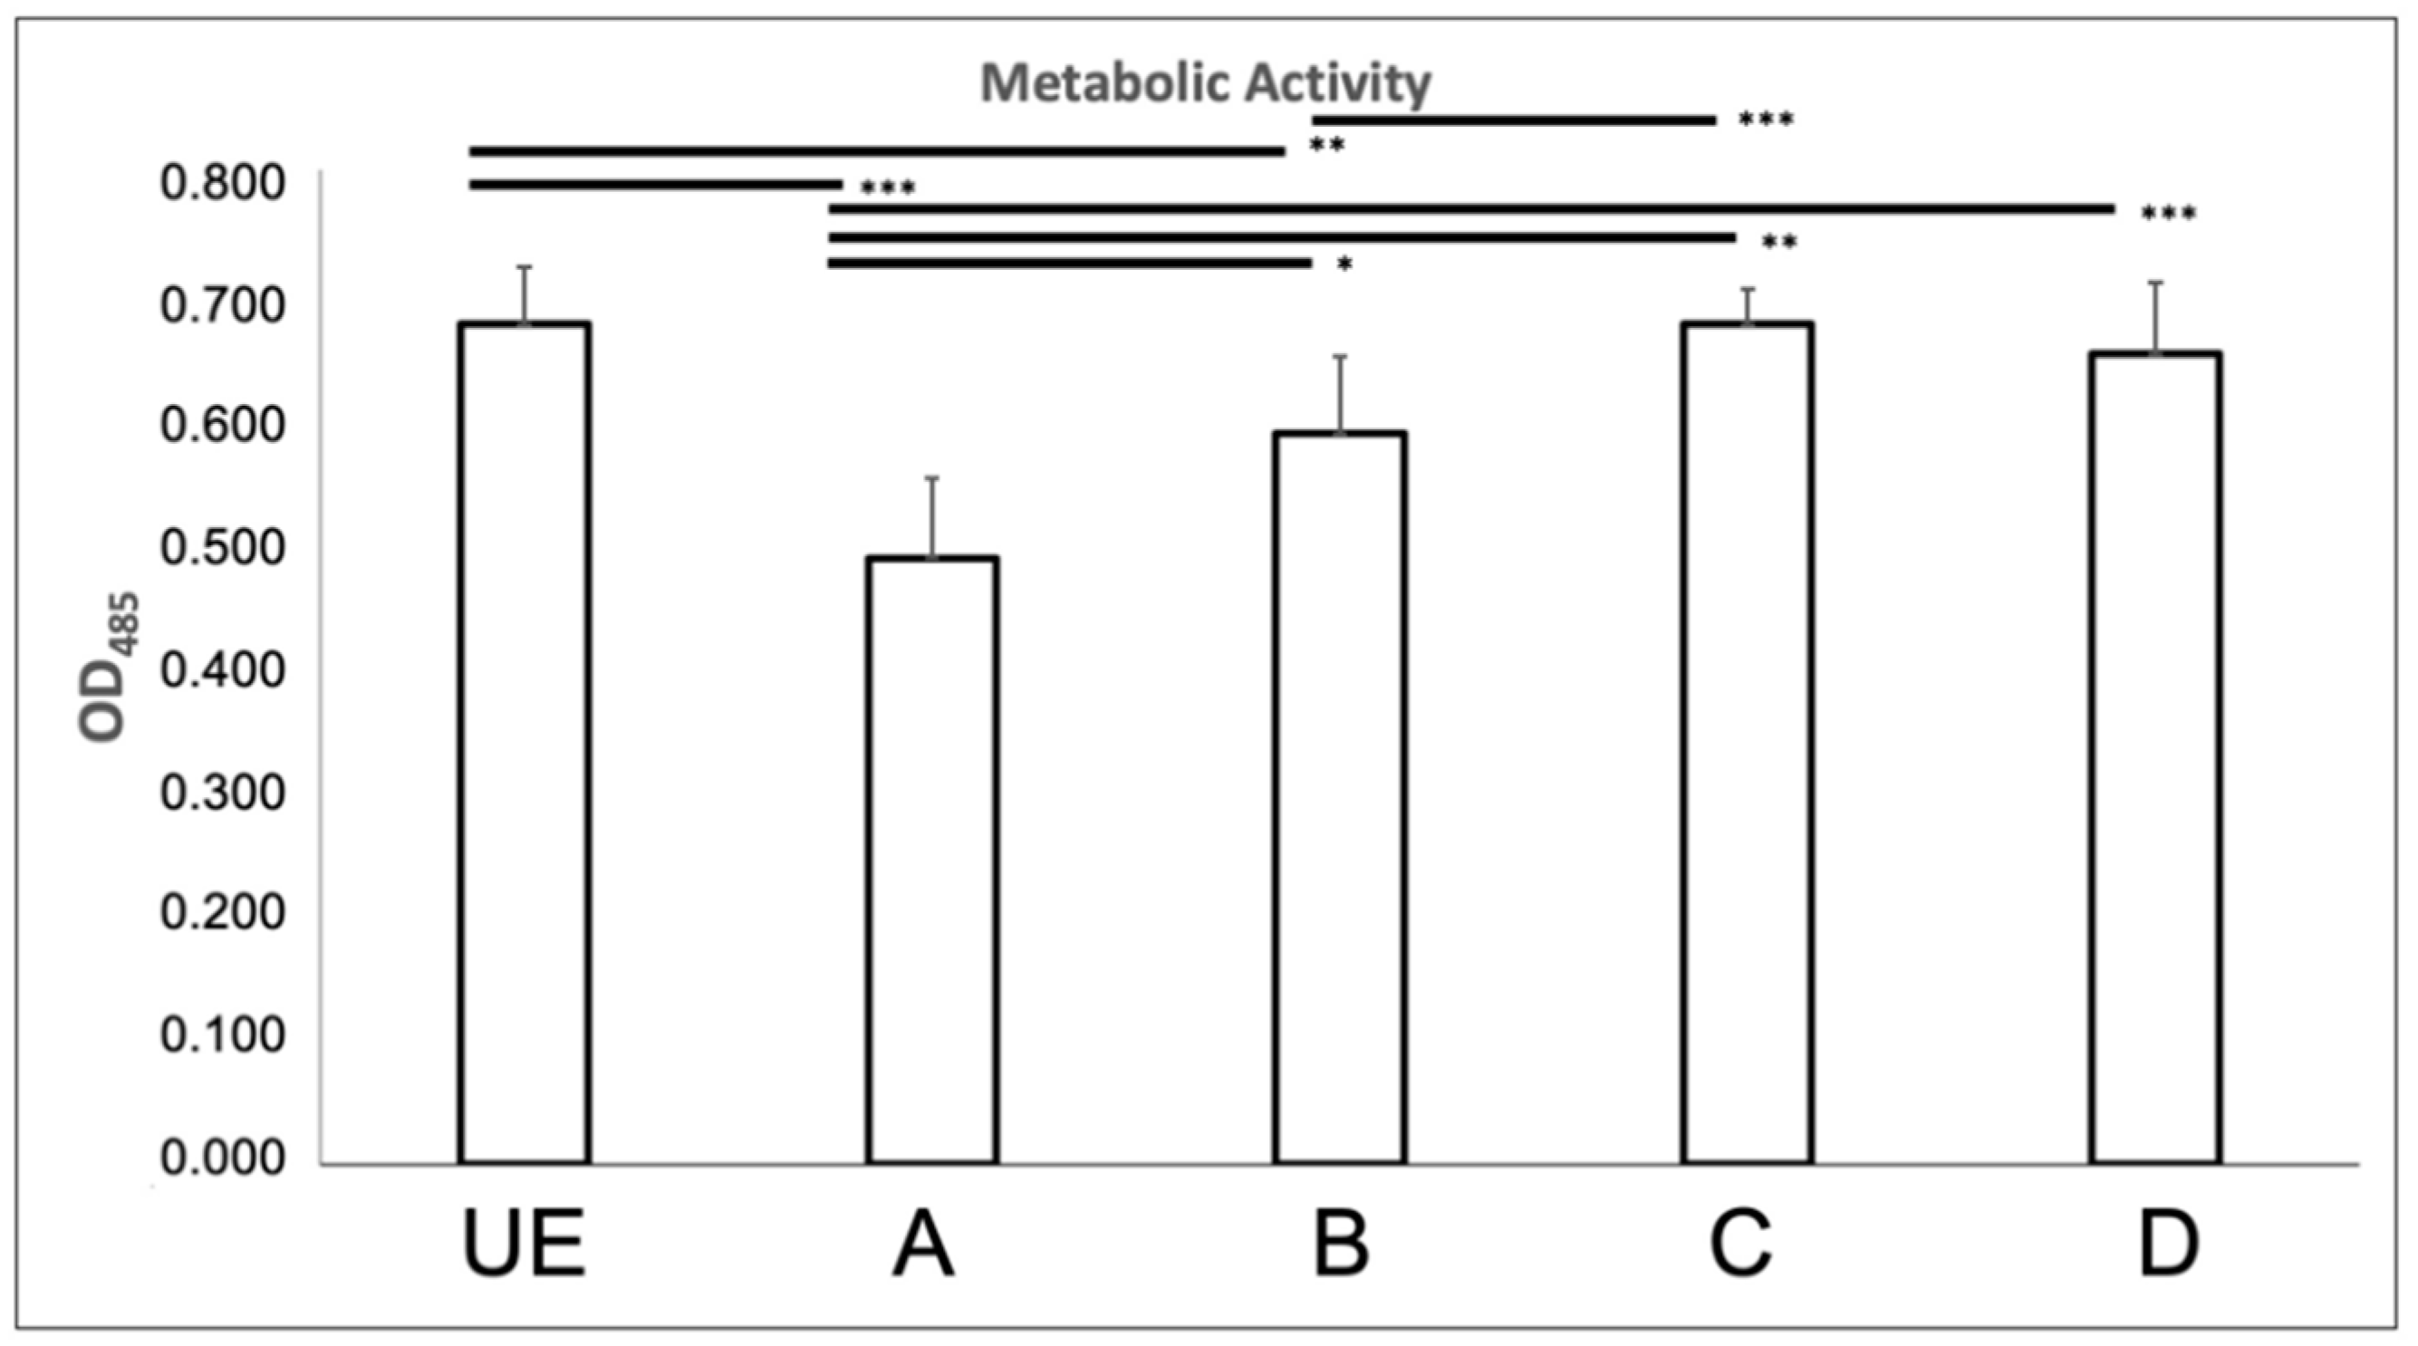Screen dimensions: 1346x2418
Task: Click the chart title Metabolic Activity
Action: [1204, 83]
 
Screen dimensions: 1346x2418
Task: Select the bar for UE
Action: [525, 742]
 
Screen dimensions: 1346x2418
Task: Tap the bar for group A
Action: [932, 859]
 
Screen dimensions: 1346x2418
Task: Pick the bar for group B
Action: [1340, 798]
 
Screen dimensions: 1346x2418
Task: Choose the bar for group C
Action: [1747, 742]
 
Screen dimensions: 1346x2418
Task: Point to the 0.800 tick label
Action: [222, 183]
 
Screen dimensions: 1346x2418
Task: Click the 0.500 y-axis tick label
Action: [222, 548]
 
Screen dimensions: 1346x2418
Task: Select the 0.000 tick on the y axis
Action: [222, 1159]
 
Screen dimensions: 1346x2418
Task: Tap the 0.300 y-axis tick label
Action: [222, 793]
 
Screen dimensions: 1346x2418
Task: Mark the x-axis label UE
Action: [525, 1245]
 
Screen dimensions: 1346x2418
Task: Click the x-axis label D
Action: [2168, 1245]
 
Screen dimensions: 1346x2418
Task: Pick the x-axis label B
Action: [1341, 1245]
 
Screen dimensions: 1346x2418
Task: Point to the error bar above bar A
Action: [932, 516]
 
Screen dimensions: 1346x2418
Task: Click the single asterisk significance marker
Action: [1344, 265]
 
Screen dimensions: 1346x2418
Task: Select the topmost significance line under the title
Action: [1513, 120]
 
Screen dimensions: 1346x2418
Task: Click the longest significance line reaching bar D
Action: [1471, 208]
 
